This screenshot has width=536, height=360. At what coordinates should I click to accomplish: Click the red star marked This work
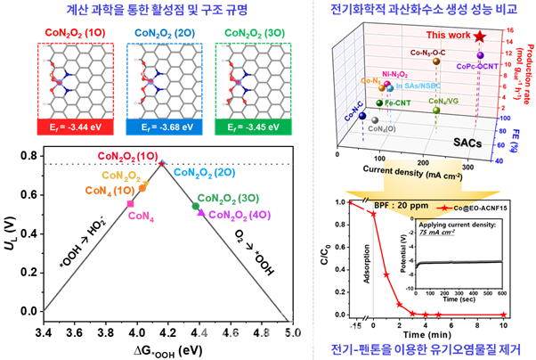482,37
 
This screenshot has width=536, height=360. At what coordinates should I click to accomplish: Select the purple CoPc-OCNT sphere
481,56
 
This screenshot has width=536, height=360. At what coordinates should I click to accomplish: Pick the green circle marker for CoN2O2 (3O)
196,206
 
